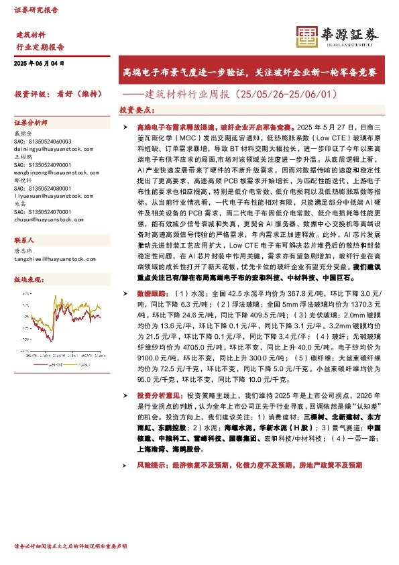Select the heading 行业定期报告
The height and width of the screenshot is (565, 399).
coord(40,47)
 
